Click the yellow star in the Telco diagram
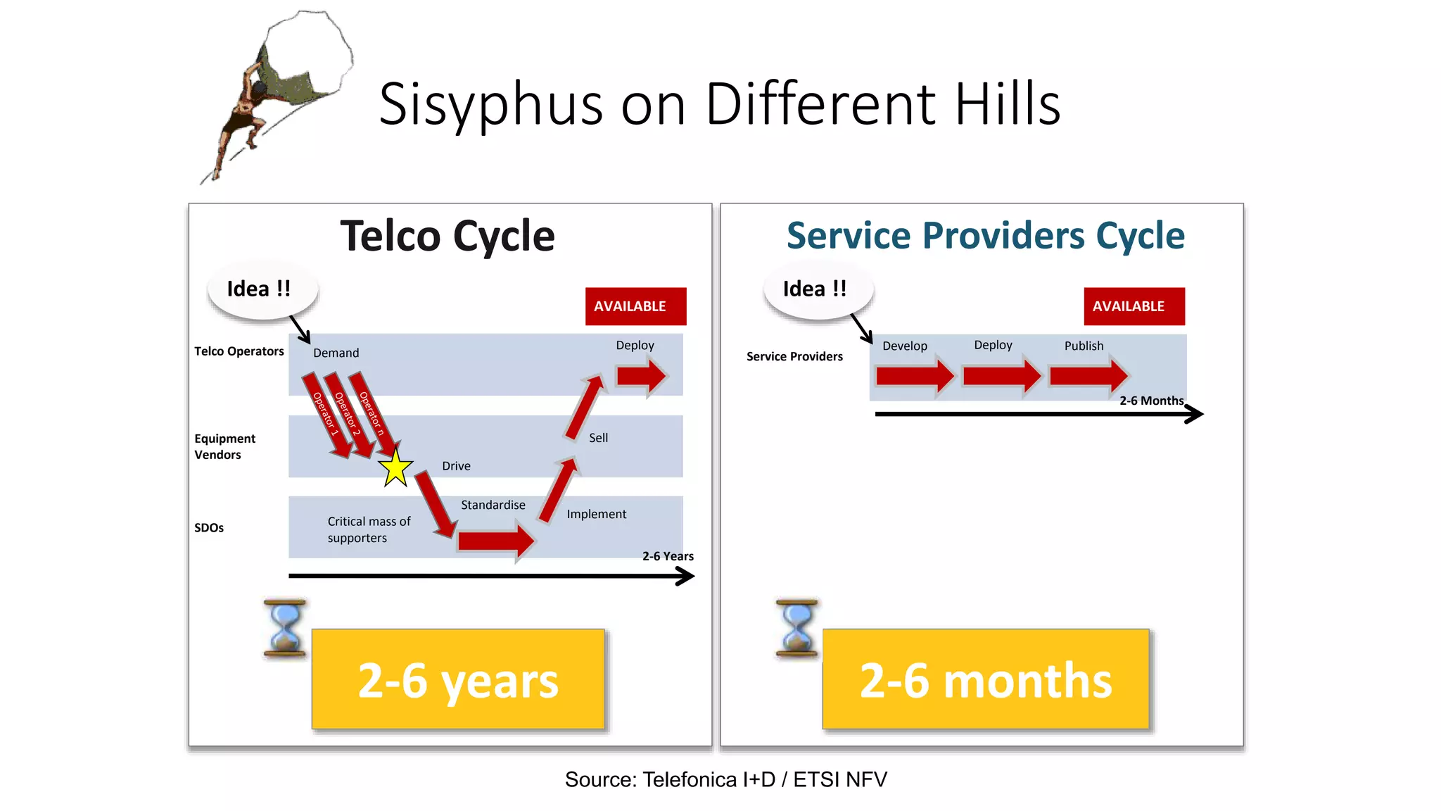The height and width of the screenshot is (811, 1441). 395,468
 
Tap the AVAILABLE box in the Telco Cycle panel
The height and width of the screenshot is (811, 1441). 635,306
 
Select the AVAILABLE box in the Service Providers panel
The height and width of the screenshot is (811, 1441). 1134,306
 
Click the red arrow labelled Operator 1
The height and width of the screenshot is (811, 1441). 326,416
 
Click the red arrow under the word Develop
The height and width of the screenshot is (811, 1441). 914,377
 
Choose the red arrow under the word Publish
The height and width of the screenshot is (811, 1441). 1088,377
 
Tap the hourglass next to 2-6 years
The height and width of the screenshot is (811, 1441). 285,628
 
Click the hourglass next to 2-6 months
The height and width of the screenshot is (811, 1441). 796,628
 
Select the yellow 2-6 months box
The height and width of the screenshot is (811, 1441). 985,680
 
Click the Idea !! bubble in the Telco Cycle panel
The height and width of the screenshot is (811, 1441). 262,289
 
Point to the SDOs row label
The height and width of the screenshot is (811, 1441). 209,528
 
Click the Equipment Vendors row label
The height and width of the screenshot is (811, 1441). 224,446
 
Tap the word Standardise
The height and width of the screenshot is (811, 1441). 493,505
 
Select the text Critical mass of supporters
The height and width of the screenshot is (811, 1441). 368,529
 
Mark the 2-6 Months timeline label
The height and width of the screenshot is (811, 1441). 1151,401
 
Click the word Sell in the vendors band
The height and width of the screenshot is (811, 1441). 598,438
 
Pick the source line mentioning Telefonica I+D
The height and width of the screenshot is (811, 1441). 725,779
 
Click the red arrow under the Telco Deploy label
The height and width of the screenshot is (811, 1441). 640,377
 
